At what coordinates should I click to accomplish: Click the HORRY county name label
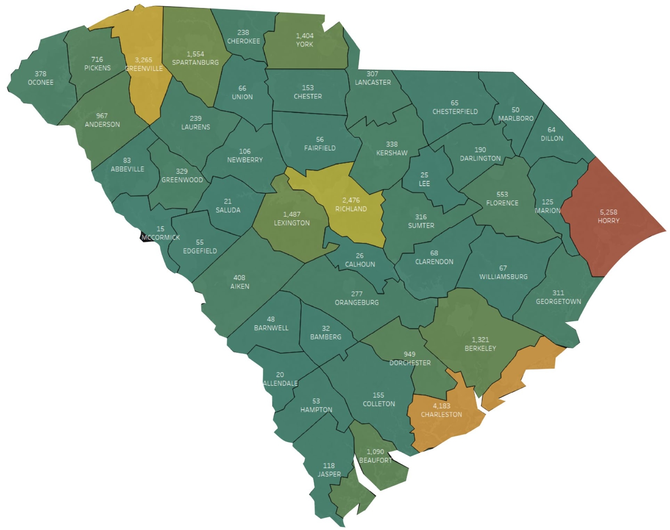tap(608, 221)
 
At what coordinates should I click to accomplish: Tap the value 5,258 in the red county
tap(608, 212)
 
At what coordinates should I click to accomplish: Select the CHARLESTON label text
tap(441, 414)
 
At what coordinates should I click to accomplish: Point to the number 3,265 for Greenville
tap(143, 60)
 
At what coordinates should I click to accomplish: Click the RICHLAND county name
tap(351, 209)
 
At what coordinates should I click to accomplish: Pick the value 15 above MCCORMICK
tap(160, 229)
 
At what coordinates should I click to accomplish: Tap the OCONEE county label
tap(41, 83)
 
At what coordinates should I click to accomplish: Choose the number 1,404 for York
tap(305, 36)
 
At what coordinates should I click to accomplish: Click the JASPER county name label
tap(329, 474)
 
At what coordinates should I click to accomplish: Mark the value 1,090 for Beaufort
tap(375, 452)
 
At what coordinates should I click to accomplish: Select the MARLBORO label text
tap(516, 118)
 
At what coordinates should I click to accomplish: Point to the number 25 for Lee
tap(424, 175)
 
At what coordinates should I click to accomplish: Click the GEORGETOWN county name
tap(558, 301)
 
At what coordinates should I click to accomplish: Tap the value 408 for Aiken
tap(239, 278)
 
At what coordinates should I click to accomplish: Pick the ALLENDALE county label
tap(281, 383)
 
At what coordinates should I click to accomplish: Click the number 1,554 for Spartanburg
tap(195, 54)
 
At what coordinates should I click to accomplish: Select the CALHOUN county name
tap(360, 264)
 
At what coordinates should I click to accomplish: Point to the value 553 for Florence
tap(502, 194)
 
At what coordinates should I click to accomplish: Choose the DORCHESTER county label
tap(410, 363)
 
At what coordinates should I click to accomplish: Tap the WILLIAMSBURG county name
tap(503, 277)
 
